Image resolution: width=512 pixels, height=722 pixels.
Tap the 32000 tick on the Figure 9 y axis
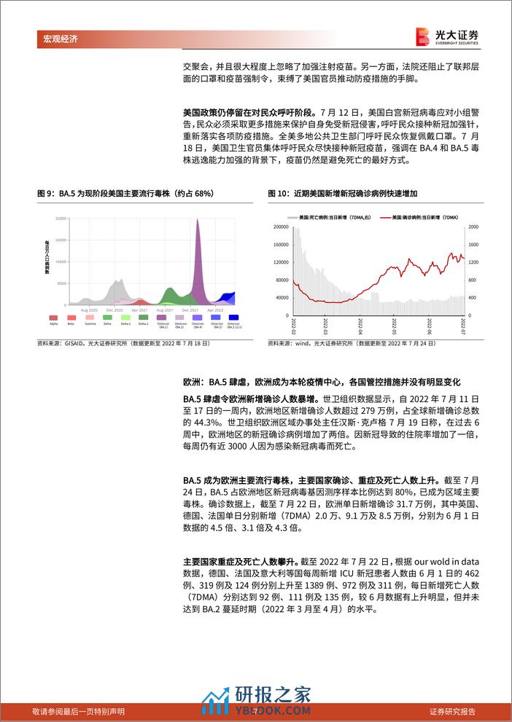pyautogui.click(x=61, y=218)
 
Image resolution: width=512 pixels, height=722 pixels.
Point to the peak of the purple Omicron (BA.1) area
pyautogui.click(x=197, y=220)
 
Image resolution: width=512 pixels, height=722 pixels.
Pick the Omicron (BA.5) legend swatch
pyautogui.click(x=216, y=318)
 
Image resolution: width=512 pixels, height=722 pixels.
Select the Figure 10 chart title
pyautogui.click(x=346, y=193)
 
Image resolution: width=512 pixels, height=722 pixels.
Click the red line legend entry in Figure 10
pyautogui.click(x=419, y=217)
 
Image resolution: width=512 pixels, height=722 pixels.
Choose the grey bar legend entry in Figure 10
pyautogui.click(x=333, y=217)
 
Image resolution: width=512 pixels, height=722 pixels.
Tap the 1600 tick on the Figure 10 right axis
pyautogui.click(x=473, y=227)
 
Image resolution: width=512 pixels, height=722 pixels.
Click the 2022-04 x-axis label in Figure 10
pyautogui.click(x=360, y=326)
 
